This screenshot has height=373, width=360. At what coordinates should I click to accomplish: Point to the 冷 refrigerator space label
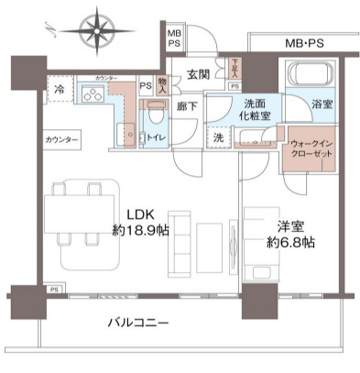59,92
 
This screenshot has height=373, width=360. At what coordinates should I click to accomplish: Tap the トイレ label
157,137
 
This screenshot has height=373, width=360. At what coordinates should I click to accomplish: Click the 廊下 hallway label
187,106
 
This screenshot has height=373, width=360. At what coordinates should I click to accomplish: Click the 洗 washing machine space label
218,137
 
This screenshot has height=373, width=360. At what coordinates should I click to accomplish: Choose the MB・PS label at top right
303,43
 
